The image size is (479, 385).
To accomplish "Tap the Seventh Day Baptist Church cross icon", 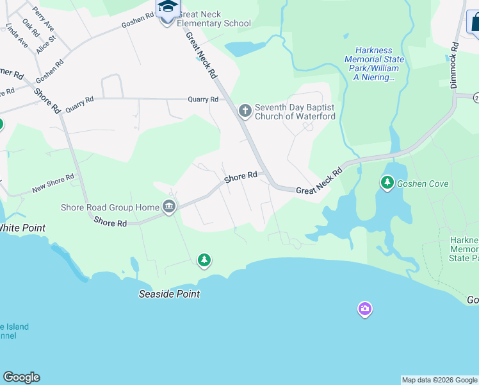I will [x=245, y=112].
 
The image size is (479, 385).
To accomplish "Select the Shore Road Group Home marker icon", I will [x=169, y=207].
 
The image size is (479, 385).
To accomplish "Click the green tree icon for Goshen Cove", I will [x=387, y=183].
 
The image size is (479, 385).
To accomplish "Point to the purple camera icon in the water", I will [x=364, y=310].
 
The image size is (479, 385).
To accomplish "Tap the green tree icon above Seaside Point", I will [x=204, y=260].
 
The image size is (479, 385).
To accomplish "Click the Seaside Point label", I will [x=170, y=294].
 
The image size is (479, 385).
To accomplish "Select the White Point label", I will [x=22, y=227].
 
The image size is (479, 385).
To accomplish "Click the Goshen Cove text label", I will [x=423, y=184].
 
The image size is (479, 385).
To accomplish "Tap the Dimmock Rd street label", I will [x=454, y=65].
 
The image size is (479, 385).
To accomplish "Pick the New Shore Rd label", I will [x=53, y=184].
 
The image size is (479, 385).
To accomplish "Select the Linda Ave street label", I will [x=17, y=37].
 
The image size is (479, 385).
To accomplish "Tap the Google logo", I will [x=21, y=377].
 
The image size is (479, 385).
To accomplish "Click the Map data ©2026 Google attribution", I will [x=439, y=380].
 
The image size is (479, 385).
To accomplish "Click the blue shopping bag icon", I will [x=475, y=24].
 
